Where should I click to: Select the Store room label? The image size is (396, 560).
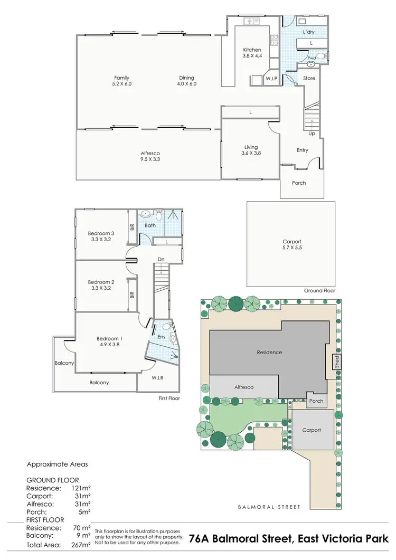309,79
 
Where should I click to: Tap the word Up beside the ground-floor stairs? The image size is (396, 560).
312,134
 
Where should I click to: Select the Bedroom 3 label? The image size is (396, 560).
101,236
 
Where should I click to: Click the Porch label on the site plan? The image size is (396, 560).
316,401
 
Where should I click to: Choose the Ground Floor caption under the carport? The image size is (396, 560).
319,291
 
